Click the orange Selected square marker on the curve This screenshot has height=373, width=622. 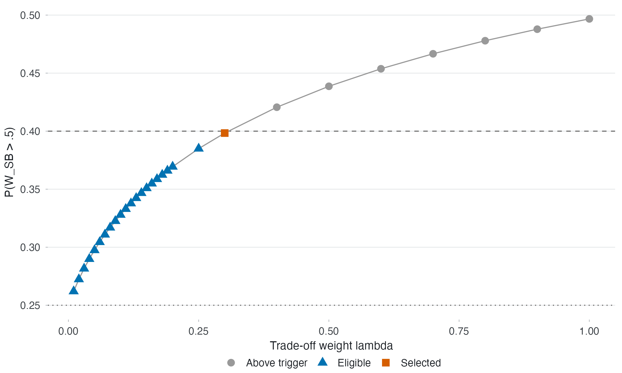coord(225,133)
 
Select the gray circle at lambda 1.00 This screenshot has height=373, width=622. coord(589,19)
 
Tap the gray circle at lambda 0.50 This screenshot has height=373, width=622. coord(329,86)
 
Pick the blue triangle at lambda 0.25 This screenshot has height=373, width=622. coord(199,148)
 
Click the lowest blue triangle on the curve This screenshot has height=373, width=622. coord(74,290)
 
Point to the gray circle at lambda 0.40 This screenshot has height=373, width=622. coord(277,107)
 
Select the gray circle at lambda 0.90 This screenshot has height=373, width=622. coord(537,29)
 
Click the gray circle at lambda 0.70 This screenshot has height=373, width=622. coord(433,54)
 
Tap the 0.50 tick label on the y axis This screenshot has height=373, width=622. coord(30,15)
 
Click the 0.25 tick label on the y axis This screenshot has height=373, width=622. coord(30,305)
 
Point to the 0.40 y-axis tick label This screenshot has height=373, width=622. coord(30,131)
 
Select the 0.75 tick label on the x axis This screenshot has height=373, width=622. coord(459,331)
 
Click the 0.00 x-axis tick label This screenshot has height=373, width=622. coord(68,331)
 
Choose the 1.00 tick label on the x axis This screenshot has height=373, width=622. coord(589,331)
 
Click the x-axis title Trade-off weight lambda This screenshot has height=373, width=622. coord(331,346)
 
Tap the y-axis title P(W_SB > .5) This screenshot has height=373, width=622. coord(9,162)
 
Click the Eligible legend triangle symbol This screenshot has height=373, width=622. coord(323,362)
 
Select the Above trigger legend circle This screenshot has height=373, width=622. coord(231,363)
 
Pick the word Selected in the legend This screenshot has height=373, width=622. coord(421,363)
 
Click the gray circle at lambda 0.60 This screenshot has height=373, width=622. coord(381,69)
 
